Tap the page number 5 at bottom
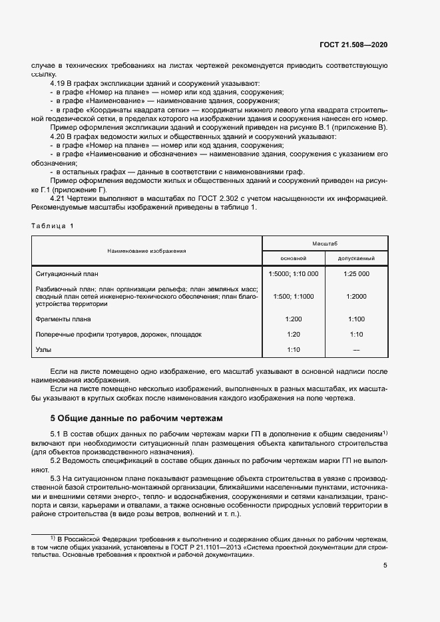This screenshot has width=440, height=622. (x=385, y=565)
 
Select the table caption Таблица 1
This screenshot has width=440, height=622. (x=53, y=226)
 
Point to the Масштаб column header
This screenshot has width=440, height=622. (x=325, y=244)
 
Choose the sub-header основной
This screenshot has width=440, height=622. (x=294, y=257)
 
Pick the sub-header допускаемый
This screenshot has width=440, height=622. (x=357, y=257)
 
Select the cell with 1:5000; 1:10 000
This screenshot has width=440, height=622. (x=294, y=273)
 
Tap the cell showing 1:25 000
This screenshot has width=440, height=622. (x=357, y=273)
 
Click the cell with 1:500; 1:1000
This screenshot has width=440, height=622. (x=294, y=296)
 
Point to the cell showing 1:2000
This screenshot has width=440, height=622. (x=357, y=296)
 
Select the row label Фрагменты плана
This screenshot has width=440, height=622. (x=63, y=319)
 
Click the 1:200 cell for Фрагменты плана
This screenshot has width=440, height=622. (x=294, y=319)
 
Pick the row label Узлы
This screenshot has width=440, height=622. (x=43, y=349)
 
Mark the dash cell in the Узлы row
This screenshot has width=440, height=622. (x=357, y=349)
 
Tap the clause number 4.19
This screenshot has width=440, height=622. (x=59, y=84)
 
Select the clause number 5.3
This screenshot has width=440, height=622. (x=57, y=479)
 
